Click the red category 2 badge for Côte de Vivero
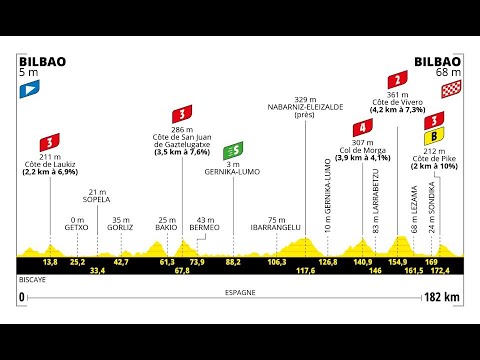click(400, 79)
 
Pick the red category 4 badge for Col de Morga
click(365, 127)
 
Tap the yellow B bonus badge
click(434, 135)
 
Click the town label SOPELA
click(97, 198)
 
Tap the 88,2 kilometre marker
click(233, 262)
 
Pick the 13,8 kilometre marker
click(50, 262)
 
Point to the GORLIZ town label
click(121, 226)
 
